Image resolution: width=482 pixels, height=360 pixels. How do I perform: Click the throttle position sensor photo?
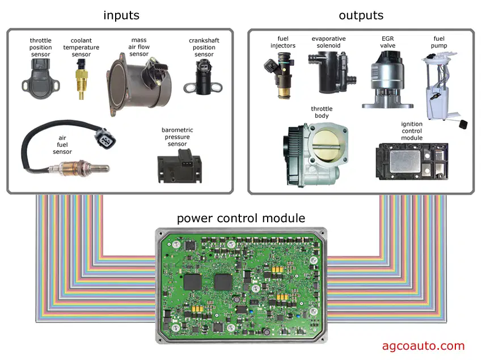pos(41,79)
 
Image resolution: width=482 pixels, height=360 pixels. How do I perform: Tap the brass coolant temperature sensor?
pos(82,79)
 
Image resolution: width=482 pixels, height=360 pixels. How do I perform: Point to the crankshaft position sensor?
pos(203,77)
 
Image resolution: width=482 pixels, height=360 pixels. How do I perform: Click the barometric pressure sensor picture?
pos(180,166)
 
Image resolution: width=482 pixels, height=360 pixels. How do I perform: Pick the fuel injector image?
pos(279,75)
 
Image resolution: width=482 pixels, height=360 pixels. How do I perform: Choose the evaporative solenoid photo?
pos(331,73)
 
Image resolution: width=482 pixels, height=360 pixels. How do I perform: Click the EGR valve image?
pos(387,80)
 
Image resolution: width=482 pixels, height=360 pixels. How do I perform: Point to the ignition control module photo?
pos(412,161)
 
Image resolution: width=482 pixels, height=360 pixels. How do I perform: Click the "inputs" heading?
pos(121,15)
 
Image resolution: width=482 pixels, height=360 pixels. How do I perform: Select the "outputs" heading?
pos(361,15)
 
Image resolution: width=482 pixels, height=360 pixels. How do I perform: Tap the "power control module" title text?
pos(241,218)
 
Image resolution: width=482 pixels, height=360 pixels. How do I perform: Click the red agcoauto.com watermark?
pos(423,346)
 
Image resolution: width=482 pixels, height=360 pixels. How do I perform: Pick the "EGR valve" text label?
pos(388,42)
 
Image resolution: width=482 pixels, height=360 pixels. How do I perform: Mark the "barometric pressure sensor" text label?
pos(177,137)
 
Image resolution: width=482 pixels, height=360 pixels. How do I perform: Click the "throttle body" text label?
pos(322,112)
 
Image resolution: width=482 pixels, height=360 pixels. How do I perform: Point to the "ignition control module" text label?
pos(412,131)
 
